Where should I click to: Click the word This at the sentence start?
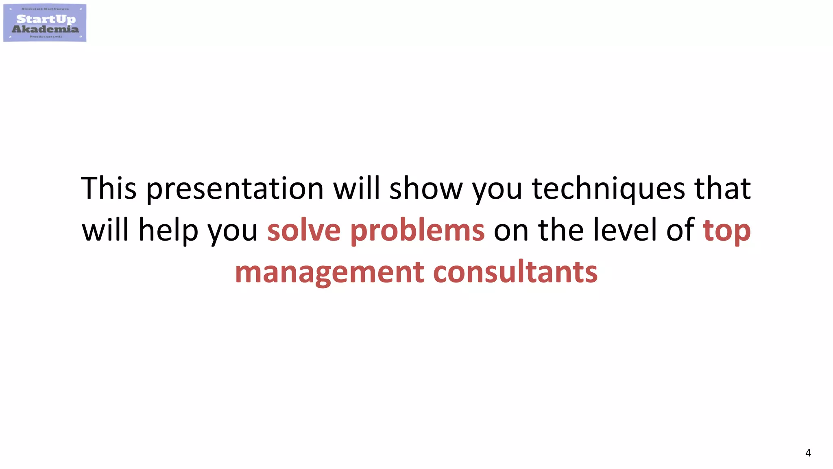click(x=109, y=188)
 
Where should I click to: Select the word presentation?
click(x=235, y=189)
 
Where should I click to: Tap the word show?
click(x=426, y=188)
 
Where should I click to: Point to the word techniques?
click(x=608, y=189)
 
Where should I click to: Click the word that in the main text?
click(x=722, y=188)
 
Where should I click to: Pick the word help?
click(x=168, y=230)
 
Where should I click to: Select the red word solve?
click(x=304, y=230)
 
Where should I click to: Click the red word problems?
click(x=417, y=230)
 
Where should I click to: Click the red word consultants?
click(x=515, y=272)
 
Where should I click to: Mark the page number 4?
click(x=808, y=453)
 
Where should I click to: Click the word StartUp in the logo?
click(x=46, y=19)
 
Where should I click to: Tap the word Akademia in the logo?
click(x=45, y=29)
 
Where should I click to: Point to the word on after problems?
click(x=511, y=230)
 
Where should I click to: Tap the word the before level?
click(x=561, y=230)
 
